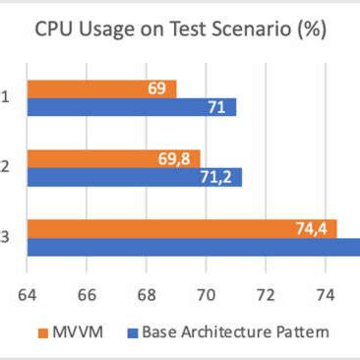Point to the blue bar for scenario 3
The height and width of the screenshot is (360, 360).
(x=192, y=247)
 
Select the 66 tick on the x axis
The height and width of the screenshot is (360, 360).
(x=87, y=292)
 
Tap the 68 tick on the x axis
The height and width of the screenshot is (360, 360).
(x=147, y=292)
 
